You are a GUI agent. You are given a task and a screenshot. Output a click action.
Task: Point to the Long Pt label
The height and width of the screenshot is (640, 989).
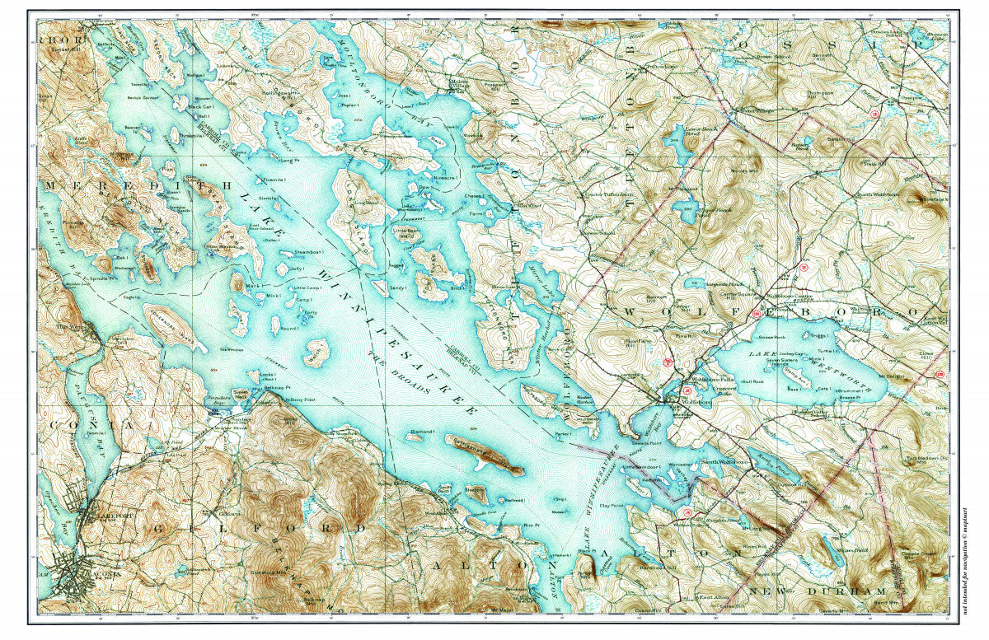288,161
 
